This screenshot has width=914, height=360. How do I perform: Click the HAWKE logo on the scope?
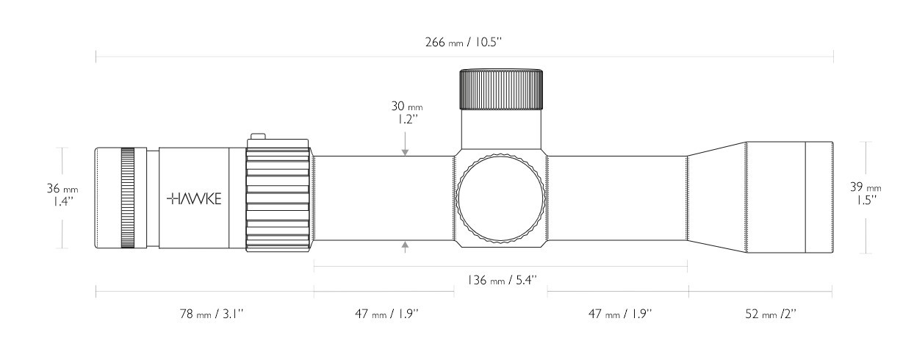[x=194, y=199]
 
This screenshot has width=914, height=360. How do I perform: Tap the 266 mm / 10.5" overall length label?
[x=464, y=42]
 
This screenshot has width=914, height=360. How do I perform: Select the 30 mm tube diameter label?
[x=407, y=112]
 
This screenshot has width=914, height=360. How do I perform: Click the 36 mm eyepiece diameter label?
[x=62, y=195]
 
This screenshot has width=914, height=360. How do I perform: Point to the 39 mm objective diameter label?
[x=865, y=193]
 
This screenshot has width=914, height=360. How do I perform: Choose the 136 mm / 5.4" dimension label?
[x=502, y=280]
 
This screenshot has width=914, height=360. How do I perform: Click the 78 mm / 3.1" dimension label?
[x=212, y=314]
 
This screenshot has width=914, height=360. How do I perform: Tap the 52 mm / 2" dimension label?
[x=771, y=314]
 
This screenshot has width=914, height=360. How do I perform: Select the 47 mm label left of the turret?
[x=386, y=314]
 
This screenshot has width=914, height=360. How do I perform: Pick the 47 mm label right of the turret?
[x=620, y=314]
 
